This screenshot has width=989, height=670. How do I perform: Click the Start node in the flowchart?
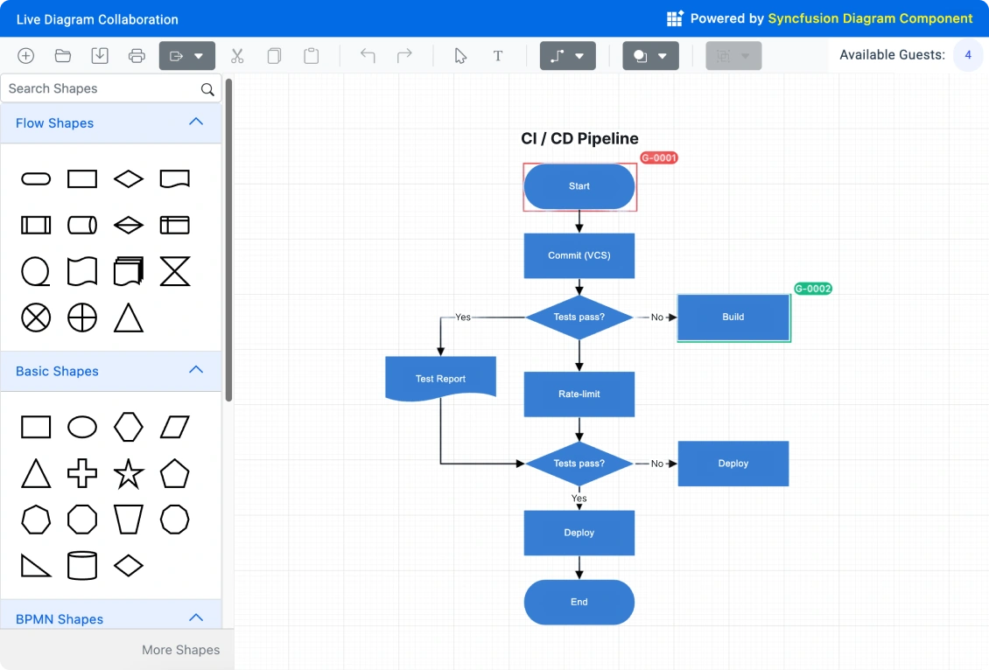pyautogui.click(x=579, y=186)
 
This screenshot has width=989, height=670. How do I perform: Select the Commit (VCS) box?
pyautogui.click(x=579, y=255)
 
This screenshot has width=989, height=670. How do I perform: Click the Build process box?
pyautogui.click(x=733, y=318)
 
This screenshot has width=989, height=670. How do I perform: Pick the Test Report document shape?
pyautogui.click(x=440, y=378)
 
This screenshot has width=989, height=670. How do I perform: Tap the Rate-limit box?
pyautogui.click(x=579, y=394)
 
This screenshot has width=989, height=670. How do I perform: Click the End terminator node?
pyautogui.click(x=579, y=602)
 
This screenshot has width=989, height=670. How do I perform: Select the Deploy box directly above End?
pyautogui.click(x=579, y=533)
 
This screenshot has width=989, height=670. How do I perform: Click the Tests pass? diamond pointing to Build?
pyautogui.click(x=579, y=318)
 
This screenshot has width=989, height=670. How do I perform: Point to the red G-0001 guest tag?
pyautogui.click(x=658, y=158)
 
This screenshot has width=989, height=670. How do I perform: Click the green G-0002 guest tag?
pyautogui.click(x=812, y=289)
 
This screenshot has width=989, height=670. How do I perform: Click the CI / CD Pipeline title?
pyautogui.click(x=579, y=138)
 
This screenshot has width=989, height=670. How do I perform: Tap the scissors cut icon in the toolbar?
pyautogui.click(x=237, y=56)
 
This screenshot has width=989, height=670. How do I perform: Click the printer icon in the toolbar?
pyautogui.click(x=137, y=56)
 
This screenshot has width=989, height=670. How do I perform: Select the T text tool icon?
pyautogui.click(x=498, y=56)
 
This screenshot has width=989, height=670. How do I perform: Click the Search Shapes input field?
pyautogui.click(x=101, y=88)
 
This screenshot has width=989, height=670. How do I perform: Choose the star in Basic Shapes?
pyautogui.click(x=129, y=474)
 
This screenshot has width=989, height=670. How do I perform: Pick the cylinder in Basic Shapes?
pyautogui.click(x=82, y=566)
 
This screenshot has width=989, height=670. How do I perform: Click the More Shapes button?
pyautogui.click(x=180, y=650)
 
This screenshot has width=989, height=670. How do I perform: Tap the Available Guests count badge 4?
pyautogui.click(x=968, y=55)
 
